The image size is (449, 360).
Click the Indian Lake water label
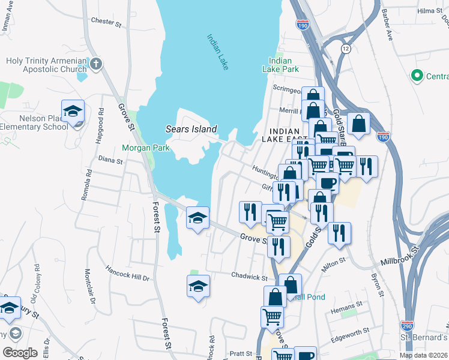point(217,52)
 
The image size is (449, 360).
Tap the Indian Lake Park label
point(280,65)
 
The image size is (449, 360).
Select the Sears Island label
point(191,129)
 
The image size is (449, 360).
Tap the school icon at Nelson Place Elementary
point(73,112)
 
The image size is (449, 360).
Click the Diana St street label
point(110,161)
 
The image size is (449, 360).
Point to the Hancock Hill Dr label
point(127,272)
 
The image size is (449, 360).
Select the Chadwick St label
point(249,277)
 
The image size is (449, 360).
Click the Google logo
point(20,352)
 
